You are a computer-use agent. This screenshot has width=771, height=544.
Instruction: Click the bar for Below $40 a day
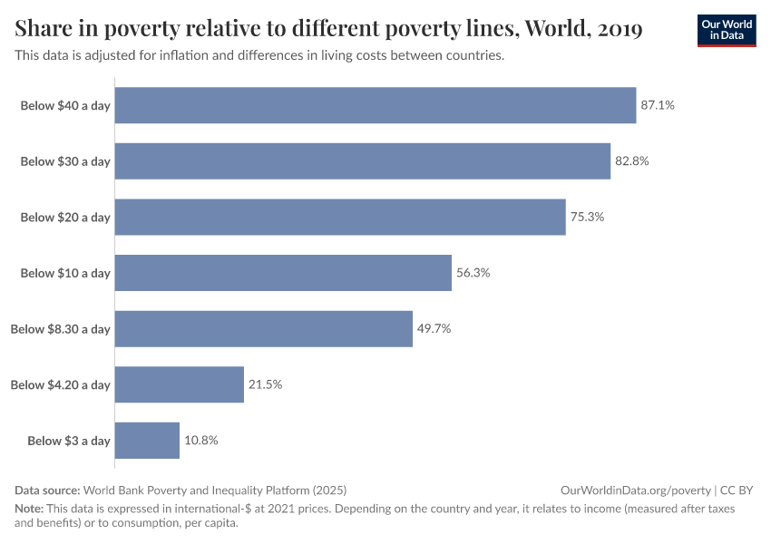coord(376,105)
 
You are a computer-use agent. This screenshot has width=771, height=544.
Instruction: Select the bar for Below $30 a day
coord(363,161)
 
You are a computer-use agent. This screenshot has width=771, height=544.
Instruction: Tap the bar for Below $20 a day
coord(340,218)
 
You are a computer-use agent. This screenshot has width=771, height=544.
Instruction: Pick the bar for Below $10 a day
coord(283,273)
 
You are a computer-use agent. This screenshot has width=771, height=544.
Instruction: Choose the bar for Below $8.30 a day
coord(264,329)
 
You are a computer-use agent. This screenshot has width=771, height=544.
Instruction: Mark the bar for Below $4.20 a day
coord(180,384)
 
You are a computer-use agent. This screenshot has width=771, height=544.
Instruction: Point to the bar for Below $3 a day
coord(147,441)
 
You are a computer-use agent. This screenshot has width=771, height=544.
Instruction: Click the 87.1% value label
coord(658,105)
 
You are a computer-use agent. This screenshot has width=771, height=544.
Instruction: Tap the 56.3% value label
coord(473,273)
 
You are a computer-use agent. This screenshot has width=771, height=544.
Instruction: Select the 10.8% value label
coord(201,441)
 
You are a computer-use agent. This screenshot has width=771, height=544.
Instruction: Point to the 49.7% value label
coord(434,329)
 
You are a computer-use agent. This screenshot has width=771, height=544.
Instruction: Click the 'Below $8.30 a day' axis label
coord(60,329)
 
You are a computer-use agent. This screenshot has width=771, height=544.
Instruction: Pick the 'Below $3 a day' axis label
coord(68,441)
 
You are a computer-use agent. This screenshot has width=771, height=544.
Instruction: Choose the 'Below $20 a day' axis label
coord(64,218)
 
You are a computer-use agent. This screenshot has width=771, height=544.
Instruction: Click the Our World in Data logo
coord(726,30)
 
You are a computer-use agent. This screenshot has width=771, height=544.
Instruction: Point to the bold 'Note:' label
coord(31,509)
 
